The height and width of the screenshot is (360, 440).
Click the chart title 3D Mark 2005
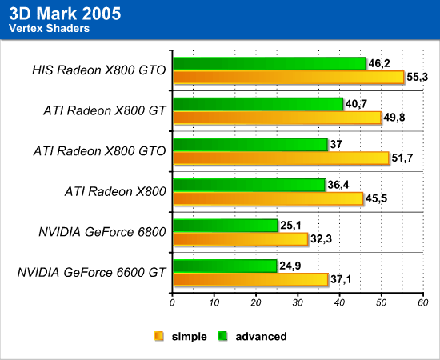(x=65, y=14)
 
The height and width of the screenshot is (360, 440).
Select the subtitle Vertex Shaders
(x=49, y=28)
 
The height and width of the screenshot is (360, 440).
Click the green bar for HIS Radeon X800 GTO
(x=270, y=64)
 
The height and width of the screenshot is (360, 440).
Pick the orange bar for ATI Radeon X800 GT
(x=278, y=118)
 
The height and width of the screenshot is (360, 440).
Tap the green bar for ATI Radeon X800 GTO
(x=250, y=145)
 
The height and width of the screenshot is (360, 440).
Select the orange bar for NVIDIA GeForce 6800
(x=241, y=239)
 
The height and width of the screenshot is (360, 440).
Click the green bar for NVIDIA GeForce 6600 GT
(x=226, y=266)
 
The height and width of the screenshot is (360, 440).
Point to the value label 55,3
(x=418, y=77)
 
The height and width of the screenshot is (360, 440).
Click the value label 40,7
(x=356, y=104)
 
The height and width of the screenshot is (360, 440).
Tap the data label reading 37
(x=336, y=145)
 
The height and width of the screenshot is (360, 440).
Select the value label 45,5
(x=376, y=198)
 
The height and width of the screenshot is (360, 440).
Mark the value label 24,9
(x=290, y=266)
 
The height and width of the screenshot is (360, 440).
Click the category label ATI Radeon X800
(x=115, y=192)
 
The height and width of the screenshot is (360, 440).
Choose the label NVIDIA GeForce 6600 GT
(x=92, y=273)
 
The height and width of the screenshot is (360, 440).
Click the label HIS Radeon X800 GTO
(x=99, y=70)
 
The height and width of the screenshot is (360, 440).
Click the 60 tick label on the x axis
(x=423, y=302)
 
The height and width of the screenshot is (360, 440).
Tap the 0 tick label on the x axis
(x=172, y=302)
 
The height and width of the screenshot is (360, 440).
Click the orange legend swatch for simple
(x=158, y=336)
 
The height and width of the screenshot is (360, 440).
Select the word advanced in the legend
(x=262, y=337)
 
